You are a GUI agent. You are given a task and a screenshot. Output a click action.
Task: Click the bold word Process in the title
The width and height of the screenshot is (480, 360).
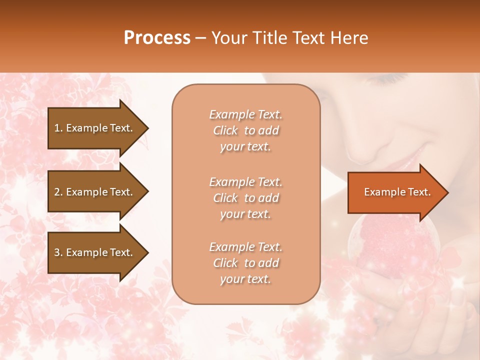[x=157, y=38]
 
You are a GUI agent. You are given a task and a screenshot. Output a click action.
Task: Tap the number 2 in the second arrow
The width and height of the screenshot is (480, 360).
[x=57, y=192]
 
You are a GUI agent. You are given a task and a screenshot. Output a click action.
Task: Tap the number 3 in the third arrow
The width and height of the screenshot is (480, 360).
[x=57, y=252]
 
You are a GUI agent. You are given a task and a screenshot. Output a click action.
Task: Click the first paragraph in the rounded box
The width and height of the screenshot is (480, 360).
[x=245, y=130]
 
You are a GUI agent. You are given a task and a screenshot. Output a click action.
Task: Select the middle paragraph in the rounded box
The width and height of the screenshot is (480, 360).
[x=245, y=198]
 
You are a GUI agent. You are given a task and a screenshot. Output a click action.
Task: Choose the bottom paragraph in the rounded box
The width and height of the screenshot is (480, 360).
[x=245, y=263]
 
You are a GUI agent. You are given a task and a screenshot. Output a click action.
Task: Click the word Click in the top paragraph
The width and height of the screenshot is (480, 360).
[x=225, y=130]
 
